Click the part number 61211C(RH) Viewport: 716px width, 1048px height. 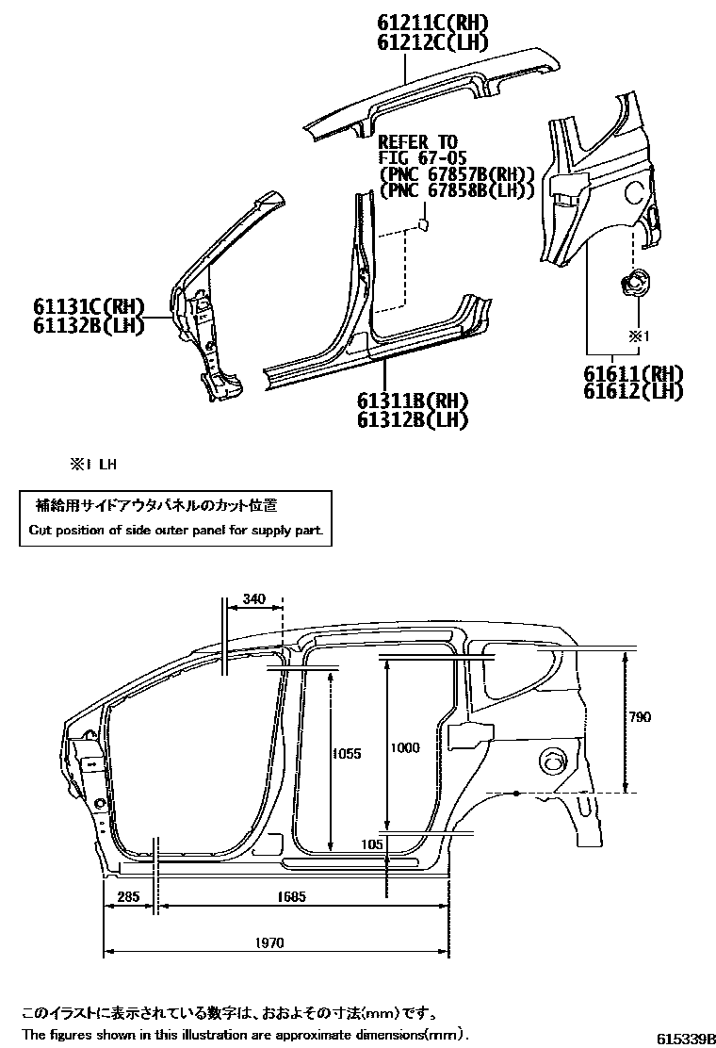tap(433, 24)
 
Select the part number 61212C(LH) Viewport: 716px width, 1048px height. tap(433, 42)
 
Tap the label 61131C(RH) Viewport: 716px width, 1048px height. tap(89, 306)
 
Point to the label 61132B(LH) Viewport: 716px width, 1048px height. tap(89, 325)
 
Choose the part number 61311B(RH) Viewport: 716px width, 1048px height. tap(413, 401)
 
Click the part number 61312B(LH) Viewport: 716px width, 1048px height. tap(413, 420)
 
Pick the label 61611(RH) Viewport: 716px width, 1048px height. tap(633, 373)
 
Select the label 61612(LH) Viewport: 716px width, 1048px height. tap(633, 391)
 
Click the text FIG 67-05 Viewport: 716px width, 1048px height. tap(423, 157)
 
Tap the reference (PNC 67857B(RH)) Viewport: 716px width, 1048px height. tap(457, 174)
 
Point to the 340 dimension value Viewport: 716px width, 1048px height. tap(253, 598)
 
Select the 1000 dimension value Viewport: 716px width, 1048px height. tap(404, 748)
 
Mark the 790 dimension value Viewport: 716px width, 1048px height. tap(639, 717)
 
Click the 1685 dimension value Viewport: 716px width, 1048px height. tap(293, 897)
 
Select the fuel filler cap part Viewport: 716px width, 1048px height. tap(634, 281)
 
